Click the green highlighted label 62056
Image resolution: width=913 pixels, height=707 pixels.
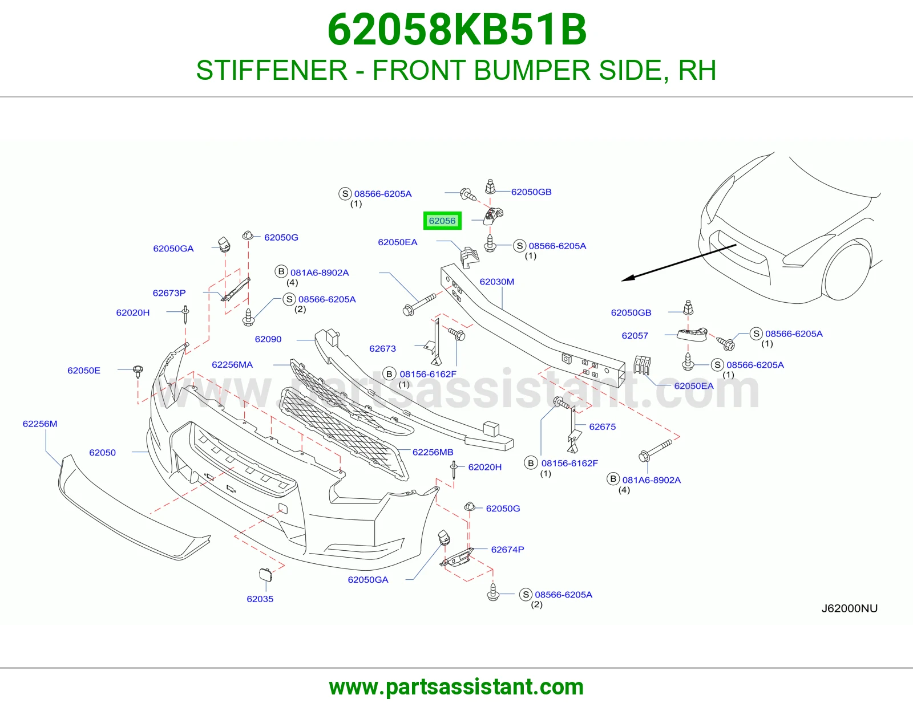(442, 221)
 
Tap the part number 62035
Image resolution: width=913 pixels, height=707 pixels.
(260, 599)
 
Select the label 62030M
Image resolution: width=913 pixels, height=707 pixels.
(496, 282)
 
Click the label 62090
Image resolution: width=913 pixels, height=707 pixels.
(268, 339)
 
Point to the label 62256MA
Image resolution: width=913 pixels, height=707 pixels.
(232, 365)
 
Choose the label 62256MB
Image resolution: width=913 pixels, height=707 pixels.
(433, 452)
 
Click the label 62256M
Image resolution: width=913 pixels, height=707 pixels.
(40, 424)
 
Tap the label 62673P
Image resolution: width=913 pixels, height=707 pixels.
(169, 293)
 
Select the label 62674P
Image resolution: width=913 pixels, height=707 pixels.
(507, 550)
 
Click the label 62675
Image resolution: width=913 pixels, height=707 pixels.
(602, 427)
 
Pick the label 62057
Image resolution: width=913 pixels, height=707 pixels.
(635, 336)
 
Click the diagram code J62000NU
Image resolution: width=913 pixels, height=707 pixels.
(850, 608)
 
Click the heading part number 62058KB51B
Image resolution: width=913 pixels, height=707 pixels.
(457, 30)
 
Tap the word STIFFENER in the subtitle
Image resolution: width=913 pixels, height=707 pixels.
(272, 70)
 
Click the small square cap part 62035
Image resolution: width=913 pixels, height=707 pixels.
(265, 575)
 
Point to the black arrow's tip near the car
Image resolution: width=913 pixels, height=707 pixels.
(622, 281)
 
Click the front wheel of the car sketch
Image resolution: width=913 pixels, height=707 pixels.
(847, 271)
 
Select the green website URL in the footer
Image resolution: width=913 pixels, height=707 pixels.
(457, 687)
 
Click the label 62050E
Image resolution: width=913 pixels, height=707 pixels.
(84, 370)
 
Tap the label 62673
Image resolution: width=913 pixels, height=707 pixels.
(382, 348)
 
